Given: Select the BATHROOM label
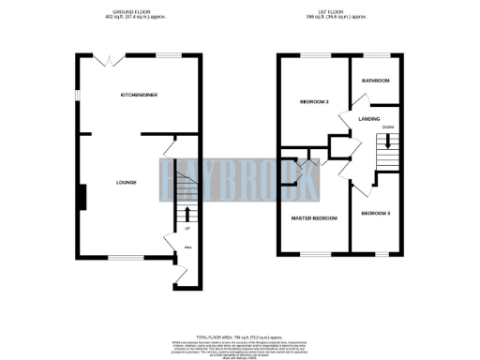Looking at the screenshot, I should [375, 81].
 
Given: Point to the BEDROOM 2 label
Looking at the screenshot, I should [312, 100].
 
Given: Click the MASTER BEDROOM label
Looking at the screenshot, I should [313, 217].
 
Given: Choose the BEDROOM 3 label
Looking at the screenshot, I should [375, 214].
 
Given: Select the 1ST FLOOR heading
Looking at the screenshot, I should [341, 10].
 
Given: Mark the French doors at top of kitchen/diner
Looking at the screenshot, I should [112, 57].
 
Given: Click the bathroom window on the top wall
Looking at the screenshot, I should [376, 55].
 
